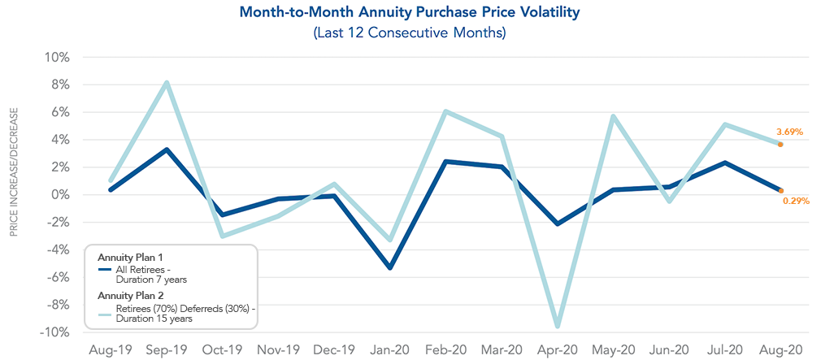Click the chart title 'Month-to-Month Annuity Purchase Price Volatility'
coord(410,13)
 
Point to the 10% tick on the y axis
coord(59,58)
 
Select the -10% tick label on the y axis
coord(57,332)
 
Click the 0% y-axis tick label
coord(63,195)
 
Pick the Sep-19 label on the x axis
coord(166,349)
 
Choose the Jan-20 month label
coord(389,349)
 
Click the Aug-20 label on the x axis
coord(780,349)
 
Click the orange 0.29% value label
coord(796,201)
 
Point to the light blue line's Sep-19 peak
coord(166,83)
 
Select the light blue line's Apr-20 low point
coord(557,326)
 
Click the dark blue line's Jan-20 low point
coord(390,267)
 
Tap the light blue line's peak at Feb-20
coord(445,111)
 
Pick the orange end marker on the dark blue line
coord(780,191)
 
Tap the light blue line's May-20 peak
coord(613,116)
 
